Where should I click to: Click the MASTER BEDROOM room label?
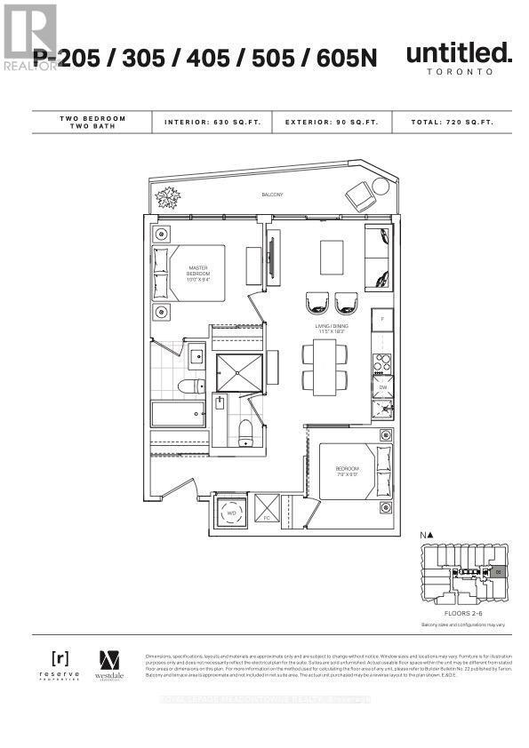tap(197, 271)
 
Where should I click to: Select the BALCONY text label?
tap(272, 195)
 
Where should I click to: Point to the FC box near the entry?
tap(266, 513)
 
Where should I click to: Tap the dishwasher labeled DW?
tap(381, 386)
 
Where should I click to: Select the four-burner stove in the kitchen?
tap(381, 362)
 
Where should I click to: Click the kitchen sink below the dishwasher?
tap(381, 408)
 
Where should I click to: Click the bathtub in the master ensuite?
tap(177, 414)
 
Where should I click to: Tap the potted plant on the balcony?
tap(166, 197)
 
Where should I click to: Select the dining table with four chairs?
tap(319, 367)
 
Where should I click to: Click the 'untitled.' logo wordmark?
tap(459, 54)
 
